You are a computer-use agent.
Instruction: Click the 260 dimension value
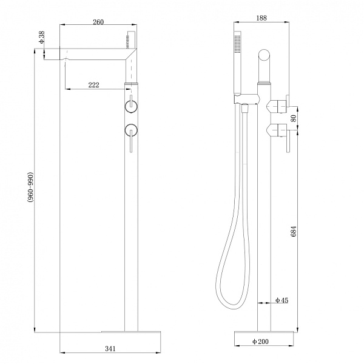coord(98,22)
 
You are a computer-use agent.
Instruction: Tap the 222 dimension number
coord(94,85)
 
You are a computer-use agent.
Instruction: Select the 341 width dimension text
coord(110,349)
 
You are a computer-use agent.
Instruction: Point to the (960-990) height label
coord(31,187)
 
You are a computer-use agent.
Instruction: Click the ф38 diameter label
coord(41,38)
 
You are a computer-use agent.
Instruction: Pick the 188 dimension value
coord(261,18)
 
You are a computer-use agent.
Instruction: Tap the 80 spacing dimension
coord(294,118)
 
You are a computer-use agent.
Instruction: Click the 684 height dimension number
coord(294,231)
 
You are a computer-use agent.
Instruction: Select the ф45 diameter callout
coord(281,300)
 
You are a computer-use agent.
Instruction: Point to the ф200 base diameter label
coord(260,342)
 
